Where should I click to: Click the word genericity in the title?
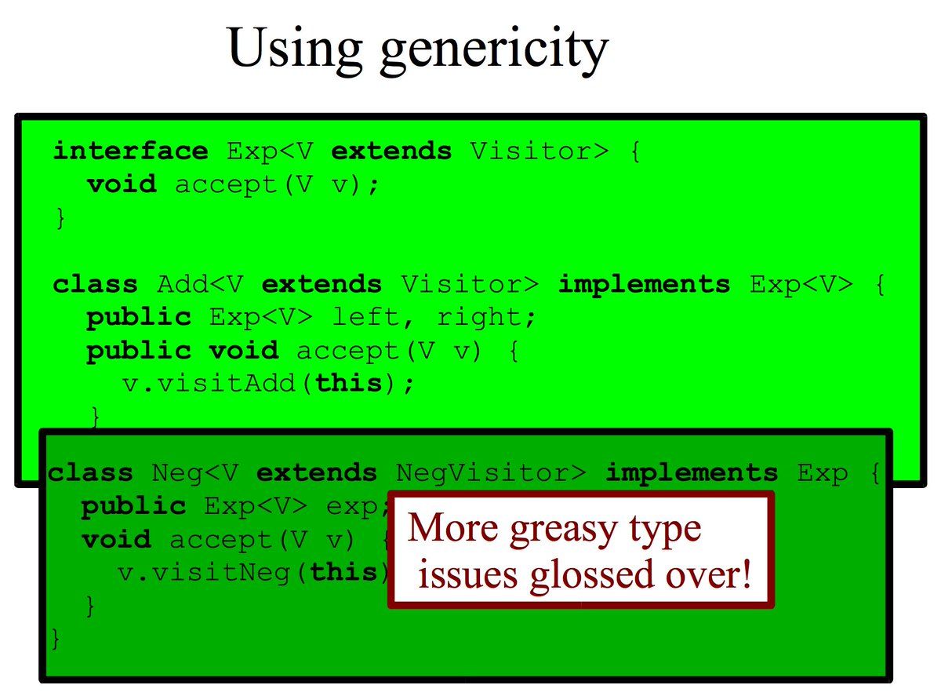coord(494,51)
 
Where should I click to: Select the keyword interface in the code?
coord(131,151)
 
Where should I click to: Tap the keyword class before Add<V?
coord(96,284)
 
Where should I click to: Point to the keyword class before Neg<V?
coord(90,472)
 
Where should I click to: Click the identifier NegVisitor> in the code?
coord(491,473)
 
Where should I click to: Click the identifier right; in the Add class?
coord(487,318)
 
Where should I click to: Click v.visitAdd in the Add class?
coord(209,384)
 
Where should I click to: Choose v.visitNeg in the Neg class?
coord(205,573)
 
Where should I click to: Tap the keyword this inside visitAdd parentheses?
coord(349,383)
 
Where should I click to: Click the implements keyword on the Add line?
coord(645,285)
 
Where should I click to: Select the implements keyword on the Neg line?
coord(692,473)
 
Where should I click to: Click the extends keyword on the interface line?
coord(391,151)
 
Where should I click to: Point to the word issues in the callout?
coord(468,575)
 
